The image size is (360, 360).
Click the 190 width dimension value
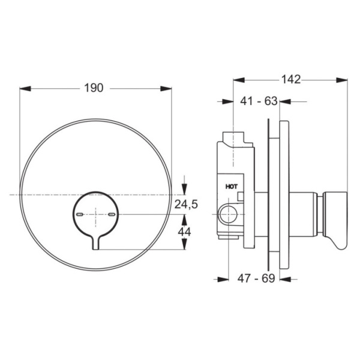[93, 88]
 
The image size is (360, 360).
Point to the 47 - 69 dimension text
[256, 279]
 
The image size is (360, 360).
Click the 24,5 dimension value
[186, 205]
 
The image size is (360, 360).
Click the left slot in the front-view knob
[80, 214]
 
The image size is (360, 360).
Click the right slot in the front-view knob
[111, 214]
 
